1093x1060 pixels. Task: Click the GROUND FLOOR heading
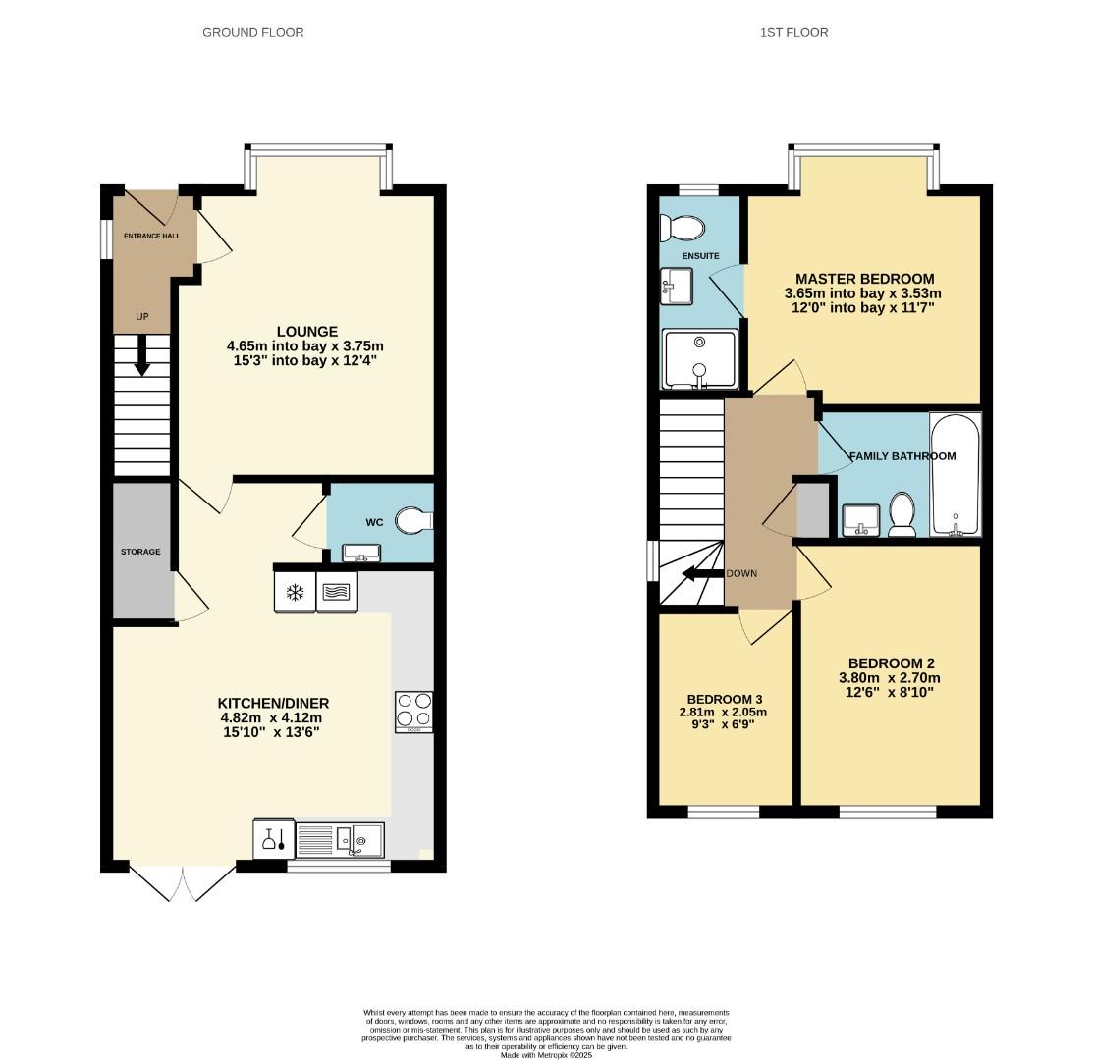[x=252, y=32]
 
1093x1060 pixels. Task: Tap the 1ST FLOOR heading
[x=793, y=32]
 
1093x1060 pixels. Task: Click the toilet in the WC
[x=412, y=520]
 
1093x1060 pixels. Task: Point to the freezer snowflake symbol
[x=294, y=592]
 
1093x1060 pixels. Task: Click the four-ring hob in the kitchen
[x=413, y=712]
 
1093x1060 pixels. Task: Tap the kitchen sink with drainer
[x=339, y=839]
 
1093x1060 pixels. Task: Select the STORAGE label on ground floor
[x=140, y=552]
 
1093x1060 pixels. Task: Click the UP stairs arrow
[x=142, y=355]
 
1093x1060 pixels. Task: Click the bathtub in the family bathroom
[x=955, y=475]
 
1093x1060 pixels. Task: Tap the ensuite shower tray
[x=699, y=358]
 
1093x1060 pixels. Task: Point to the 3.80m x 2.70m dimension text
[x=889, y=678]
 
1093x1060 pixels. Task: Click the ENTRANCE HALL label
[x=151, y=236]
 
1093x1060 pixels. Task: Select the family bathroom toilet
[x=902, y=514]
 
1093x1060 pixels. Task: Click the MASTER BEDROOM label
[x=864, y=279]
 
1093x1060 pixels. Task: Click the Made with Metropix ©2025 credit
[x=546, y=1055]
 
